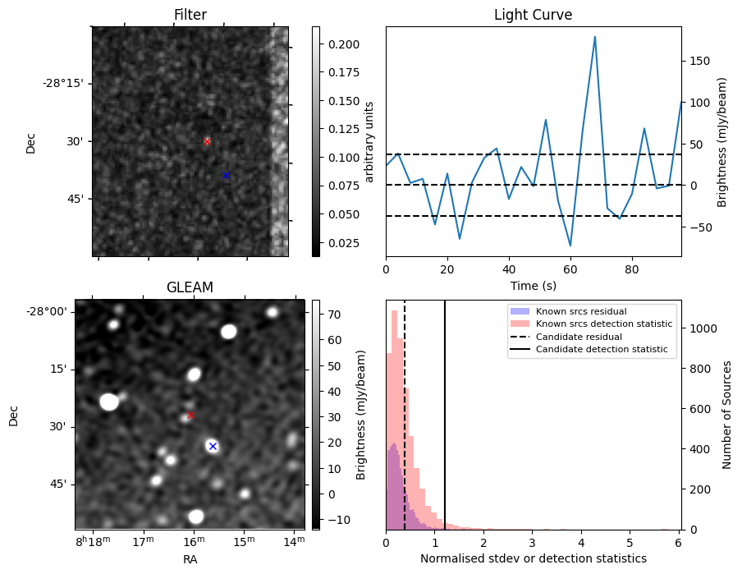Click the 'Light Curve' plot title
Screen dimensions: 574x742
pyautogui.click(x=533, y=15)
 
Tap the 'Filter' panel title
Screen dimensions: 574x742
pyautogui.click(x=190, y=15)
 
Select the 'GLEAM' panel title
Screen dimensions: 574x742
pyautogui.click(x=190, y=287)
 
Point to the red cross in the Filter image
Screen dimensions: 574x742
pyautogui.click(x=207, y=141)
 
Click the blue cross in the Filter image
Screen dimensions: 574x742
pyautogui.click(x=226, y=176)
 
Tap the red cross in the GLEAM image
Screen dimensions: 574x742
pyautogui.click(x=190, y=416)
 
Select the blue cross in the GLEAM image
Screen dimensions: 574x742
pyautogui.click(x=213, y=446)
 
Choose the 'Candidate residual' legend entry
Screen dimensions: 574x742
pyautogui.click(x=575, y=338)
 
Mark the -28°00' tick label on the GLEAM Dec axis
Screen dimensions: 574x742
pyautogui.click(x=47, y=311)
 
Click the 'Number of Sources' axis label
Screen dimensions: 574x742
pyautogui.click(x=728, y=415)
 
